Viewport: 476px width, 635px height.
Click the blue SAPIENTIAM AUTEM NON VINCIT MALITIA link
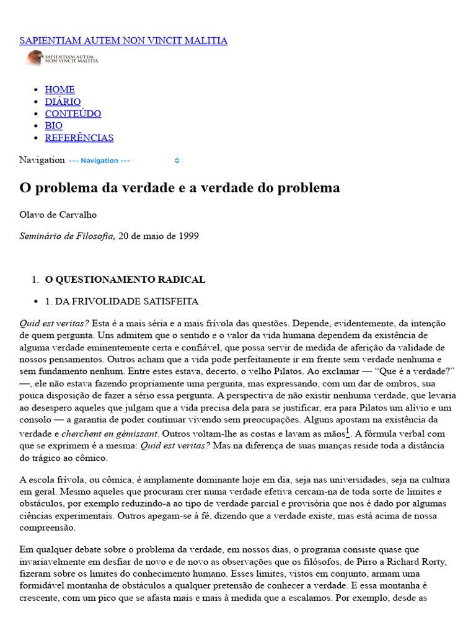tap(123, 41)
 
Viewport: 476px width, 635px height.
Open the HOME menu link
tap(59, 89)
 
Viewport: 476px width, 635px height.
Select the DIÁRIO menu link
tap(63, 102)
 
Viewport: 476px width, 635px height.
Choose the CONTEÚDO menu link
tap(73, 113)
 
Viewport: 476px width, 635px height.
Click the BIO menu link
tap(54, 126)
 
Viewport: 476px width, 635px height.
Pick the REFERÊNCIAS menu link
tap(79, 138)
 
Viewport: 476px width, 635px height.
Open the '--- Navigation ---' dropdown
tap(124, 161)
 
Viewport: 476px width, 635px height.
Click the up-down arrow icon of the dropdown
tap(177, 161)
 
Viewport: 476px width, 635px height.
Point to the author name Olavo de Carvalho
tap(58, 215)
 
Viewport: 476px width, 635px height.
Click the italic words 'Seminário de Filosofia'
tap(67, 236)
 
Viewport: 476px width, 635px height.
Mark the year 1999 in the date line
tap(188, 236)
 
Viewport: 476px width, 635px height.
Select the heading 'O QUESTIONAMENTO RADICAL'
tap(125, 280)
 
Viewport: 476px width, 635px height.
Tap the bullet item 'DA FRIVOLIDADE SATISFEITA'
tap(126, 301)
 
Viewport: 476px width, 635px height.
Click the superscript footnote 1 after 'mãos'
tap(348, 431)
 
